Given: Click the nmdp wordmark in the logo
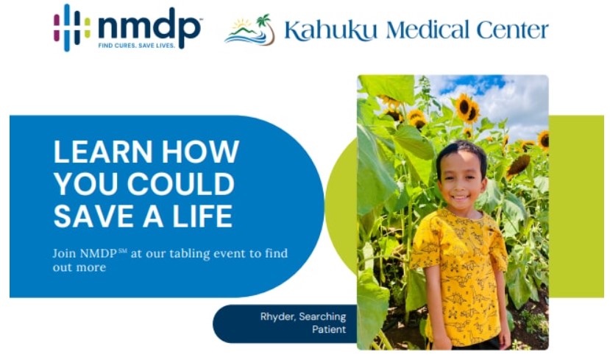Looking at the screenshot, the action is coord(150,27).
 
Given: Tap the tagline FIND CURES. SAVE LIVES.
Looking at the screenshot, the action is coord(137,46).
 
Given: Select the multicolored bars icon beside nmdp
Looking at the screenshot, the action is coord(72,28).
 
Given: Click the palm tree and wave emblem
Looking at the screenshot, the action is coord(249,30).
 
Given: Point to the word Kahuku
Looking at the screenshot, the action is coord(330,30).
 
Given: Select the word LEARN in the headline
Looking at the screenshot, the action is coord(103,152).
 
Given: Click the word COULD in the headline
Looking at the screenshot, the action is coord(181,184).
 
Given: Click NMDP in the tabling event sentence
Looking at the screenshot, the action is coord(98,253).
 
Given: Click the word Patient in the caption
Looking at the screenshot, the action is coord(329,330).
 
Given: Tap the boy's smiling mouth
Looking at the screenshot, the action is coord(461,197).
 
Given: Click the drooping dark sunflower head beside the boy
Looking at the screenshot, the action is coord(518,166).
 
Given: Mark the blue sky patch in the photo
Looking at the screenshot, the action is coord(472,85).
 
